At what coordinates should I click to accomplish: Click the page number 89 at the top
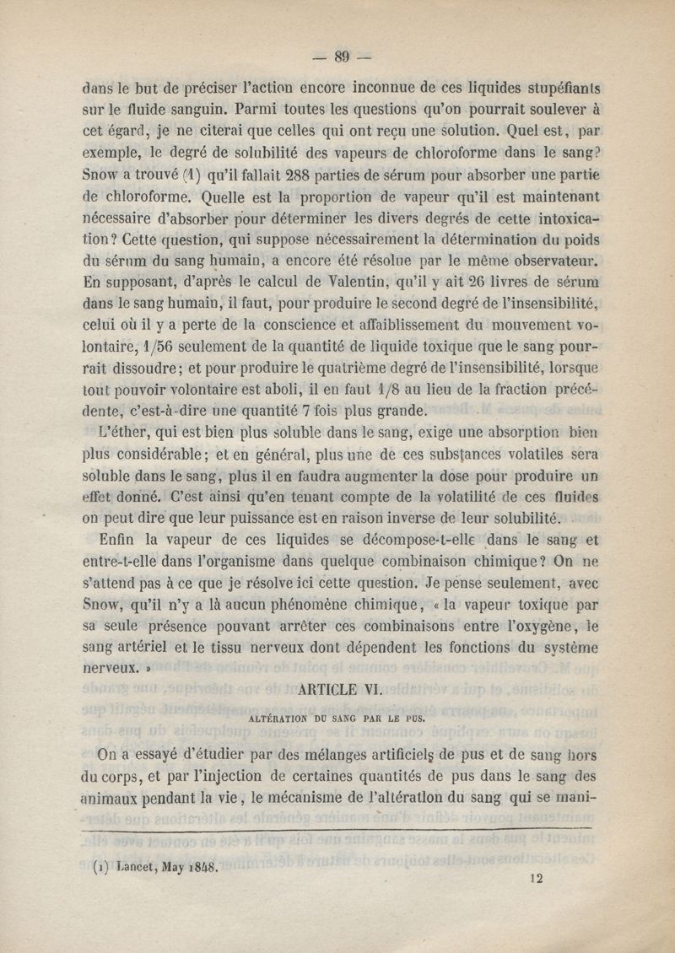coord(341,57)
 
